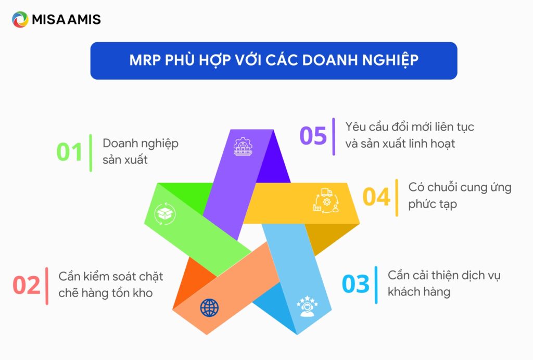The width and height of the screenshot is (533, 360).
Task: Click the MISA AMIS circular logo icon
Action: pyautogui.click(x=20, y=20)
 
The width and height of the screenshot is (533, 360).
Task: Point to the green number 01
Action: pyautogui.click(x=70, y=152)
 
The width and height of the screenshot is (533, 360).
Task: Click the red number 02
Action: pyautogui.click(x=27, y=286)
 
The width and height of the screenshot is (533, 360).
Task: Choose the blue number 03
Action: pyautogui.click(x=356, y=285)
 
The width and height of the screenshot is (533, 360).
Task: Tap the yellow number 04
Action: pyautogui.click(x=376, y=197)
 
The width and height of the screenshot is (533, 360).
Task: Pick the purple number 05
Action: pyautogui.click(x=313, y=136)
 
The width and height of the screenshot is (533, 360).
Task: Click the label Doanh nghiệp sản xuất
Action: pyautogui.click(x=140, y=151)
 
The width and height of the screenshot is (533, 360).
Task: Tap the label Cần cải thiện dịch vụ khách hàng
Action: pyautogui.click(x=444, y=284)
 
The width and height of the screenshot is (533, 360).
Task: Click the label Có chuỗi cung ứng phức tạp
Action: pyautogui.click(x=460, y=196)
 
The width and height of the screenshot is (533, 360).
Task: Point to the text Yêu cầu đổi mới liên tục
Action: pyautogui.click(x=410, y=126)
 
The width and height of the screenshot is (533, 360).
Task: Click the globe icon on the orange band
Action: pyautogui.click(x=209, y=308)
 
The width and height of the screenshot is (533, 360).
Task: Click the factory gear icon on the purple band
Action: pyautogui.click(x=242, y=147)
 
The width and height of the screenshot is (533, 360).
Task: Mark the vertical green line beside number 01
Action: pyautogui.click(x=91, y=152)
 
